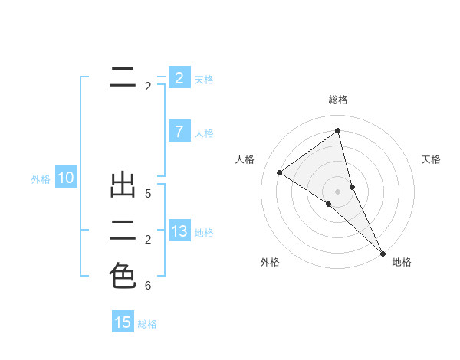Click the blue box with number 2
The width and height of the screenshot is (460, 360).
[x=179, y=78]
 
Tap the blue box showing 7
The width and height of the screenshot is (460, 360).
[x=179, y=132]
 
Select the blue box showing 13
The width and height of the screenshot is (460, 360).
[x=179, y=231]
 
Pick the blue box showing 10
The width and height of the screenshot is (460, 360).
[x=66, y=178]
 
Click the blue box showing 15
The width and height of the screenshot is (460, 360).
[x=123, y=322]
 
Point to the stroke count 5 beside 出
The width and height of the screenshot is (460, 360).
[x=148, y=195]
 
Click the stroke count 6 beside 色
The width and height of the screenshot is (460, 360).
[x=148, y=286]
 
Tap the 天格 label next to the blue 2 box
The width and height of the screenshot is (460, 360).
[x=204, y=79]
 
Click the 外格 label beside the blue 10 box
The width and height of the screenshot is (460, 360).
[x=41, y=179]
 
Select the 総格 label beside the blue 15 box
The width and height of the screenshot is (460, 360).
[x=147, y=324]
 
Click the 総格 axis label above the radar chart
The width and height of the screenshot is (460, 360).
[x=338, y=100]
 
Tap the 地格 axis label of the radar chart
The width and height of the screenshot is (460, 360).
[x=402, y=262]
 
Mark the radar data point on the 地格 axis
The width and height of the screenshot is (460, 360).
[x=382, y=252]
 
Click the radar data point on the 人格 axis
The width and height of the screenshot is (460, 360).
[x=280, y=173]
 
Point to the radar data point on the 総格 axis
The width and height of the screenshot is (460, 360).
[x=338, y=130]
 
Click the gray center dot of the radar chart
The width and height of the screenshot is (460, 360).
[x=338, y=191]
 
